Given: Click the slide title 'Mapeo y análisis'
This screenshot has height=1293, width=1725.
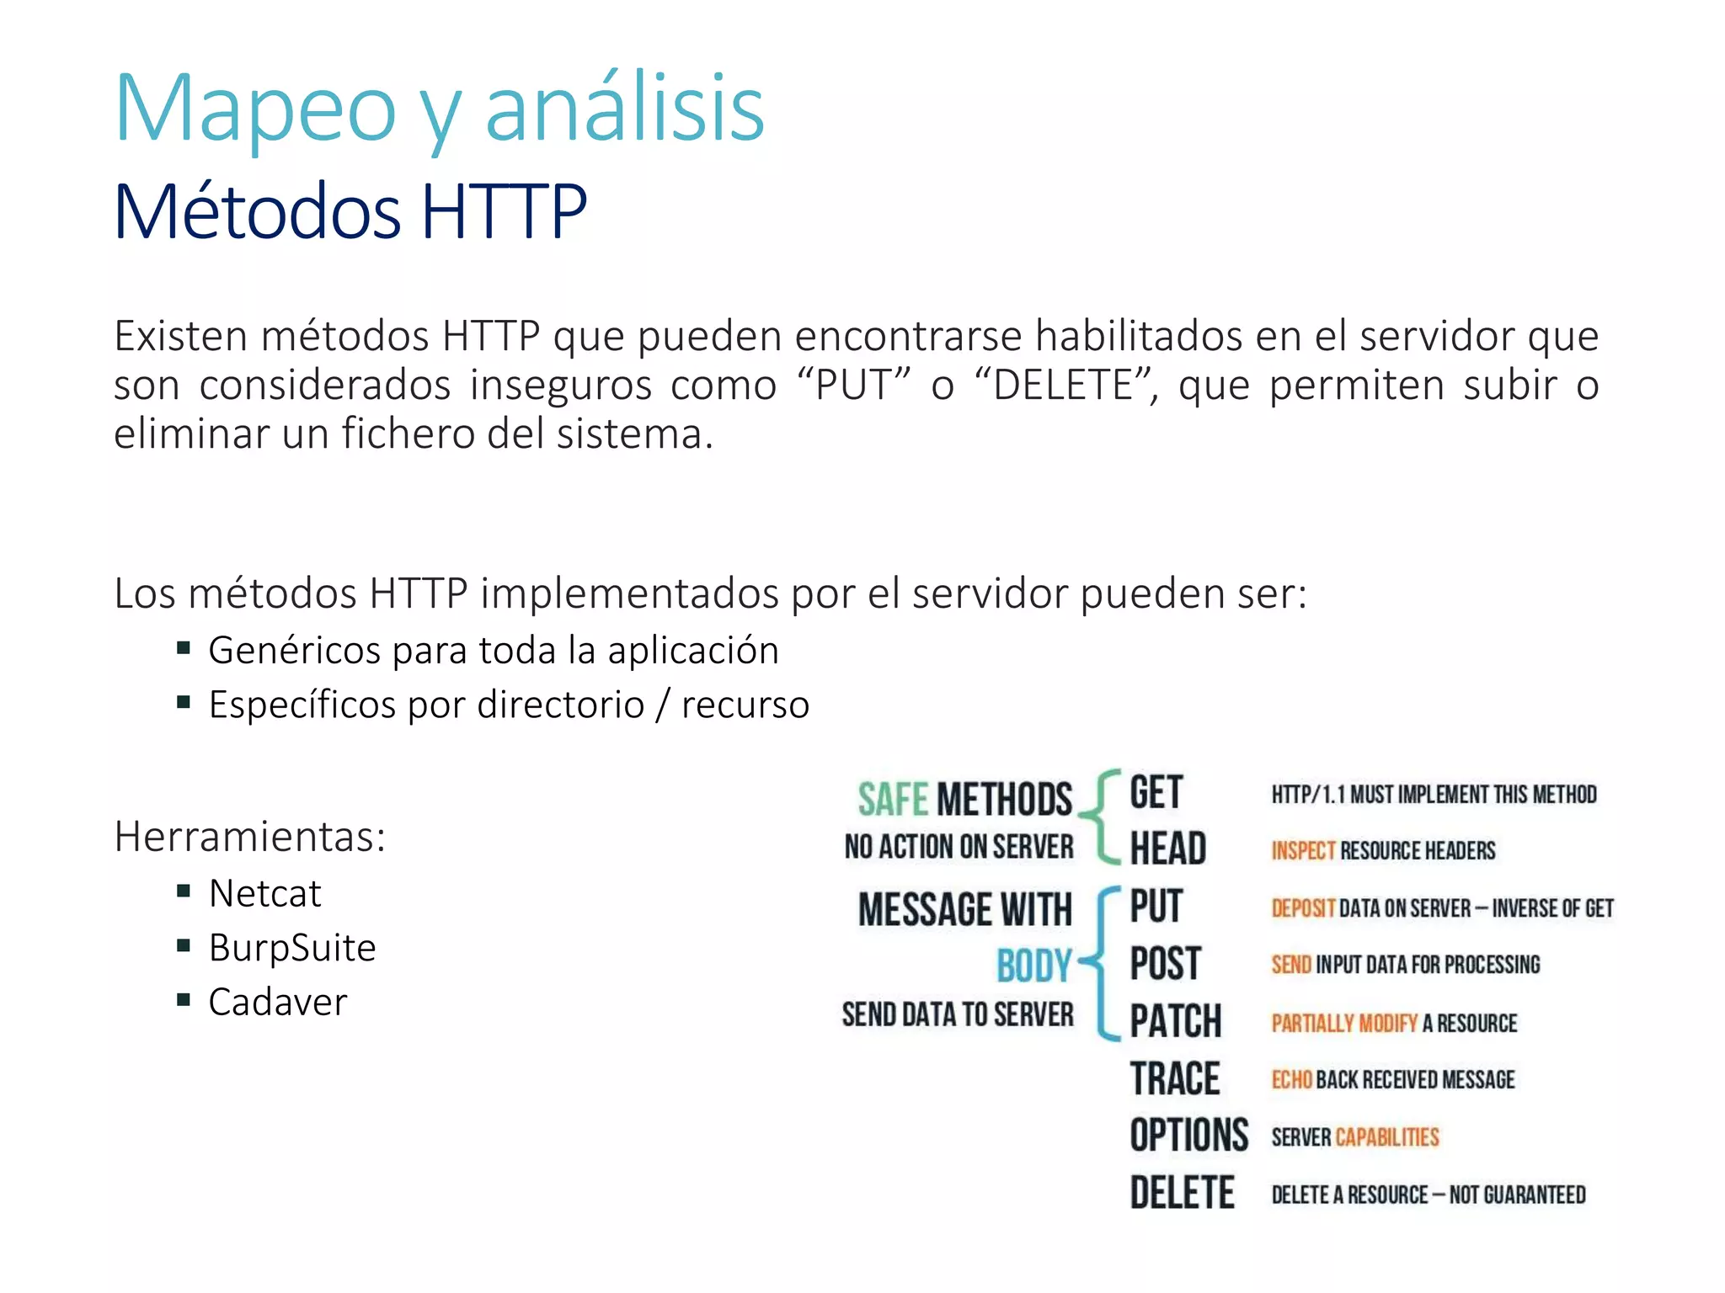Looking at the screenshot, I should point(439,109).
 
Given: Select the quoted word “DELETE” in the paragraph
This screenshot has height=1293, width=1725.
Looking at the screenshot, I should point(1064,386).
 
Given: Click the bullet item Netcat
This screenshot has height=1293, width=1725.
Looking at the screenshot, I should point(264,893).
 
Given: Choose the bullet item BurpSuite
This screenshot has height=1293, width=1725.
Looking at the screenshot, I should point(291,948).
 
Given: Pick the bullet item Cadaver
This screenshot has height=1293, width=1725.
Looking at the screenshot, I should point(277,1003).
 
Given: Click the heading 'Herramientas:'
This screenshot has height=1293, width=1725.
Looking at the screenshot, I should point(249,837).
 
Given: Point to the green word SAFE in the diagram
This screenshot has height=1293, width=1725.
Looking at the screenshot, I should point(893,799).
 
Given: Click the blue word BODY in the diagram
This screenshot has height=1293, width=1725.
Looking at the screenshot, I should point(1033,966).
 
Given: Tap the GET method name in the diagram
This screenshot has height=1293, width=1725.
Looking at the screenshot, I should point(1156,793).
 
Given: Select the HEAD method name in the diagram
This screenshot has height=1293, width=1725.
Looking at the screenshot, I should point(1167,848).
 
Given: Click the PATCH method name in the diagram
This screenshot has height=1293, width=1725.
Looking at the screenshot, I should point(1175,1021).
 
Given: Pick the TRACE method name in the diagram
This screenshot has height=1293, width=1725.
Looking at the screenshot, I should point(1174,1079).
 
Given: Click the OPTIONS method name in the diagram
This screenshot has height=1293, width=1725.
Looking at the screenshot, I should point(1188,1136).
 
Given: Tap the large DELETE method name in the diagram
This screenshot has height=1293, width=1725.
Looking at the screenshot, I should point(1182,1194).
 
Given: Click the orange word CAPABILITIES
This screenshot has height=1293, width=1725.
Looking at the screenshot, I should point(1387,1137).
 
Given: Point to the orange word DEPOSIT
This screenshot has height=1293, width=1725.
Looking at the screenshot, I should point(1303,908).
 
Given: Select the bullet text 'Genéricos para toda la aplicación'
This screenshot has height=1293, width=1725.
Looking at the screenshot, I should point(494,651).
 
